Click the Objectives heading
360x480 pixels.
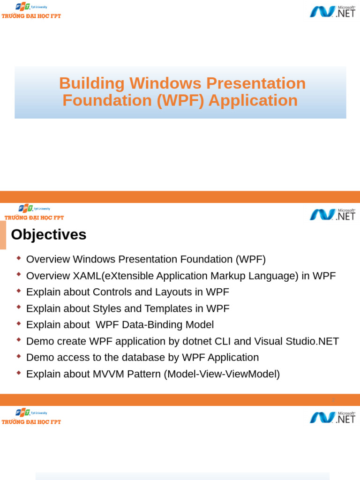click(x=49, y=234)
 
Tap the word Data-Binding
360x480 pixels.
click(x=151, y=325)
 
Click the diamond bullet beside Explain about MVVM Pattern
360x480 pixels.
click(x=19, y=373)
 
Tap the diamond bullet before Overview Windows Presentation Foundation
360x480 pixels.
click(x=19, y=258)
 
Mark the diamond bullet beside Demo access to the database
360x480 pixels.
click(x=19, y=356)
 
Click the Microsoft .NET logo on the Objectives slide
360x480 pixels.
click(x=332, y=214)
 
